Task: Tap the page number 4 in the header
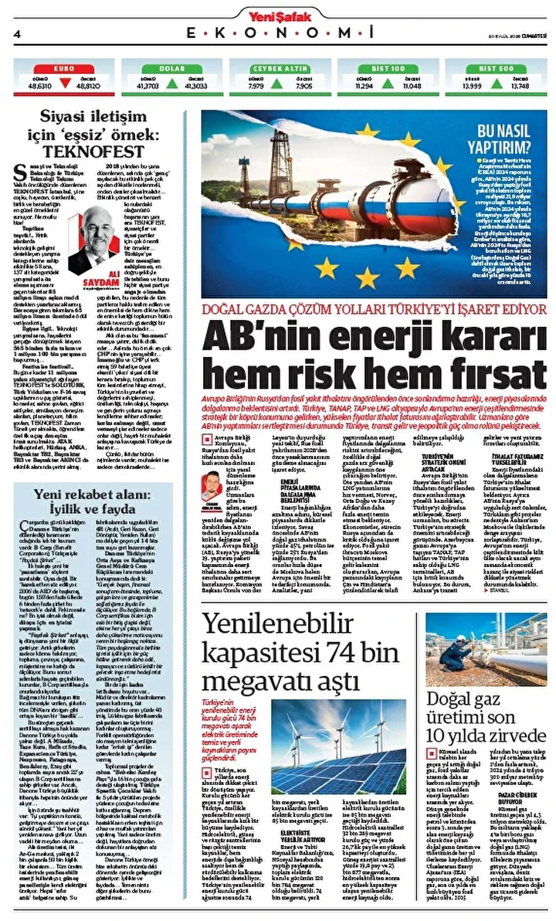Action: click(16, 32)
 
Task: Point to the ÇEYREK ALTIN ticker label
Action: click(279, 68)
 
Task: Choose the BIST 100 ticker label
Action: click(388, 68)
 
